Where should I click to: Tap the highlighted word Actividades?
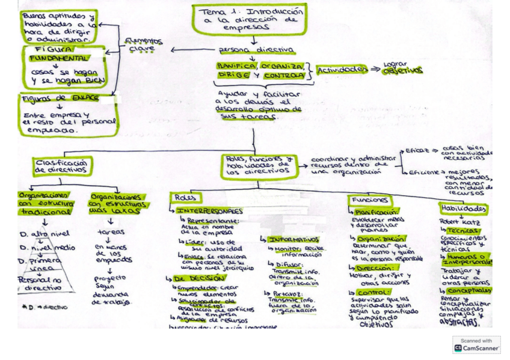pyautogui.click(x=342, y=70)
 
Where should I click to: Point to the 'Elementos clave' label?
pyautogui.click(x=142, y=44)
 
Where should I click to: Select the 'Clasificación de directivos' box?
pyautogui.click(x=63, y=166)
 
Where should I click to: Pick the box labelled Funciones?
pyautogui.click(x=369, y=200)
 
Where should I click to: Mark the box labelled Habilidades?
pyautogui.click(x=463, y=209)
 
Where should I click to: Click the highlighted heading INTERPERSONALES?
pyautogui.click(x=210, y=212)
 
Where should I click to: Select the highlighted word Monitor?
pyautogui.click(x=286, y=248)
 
